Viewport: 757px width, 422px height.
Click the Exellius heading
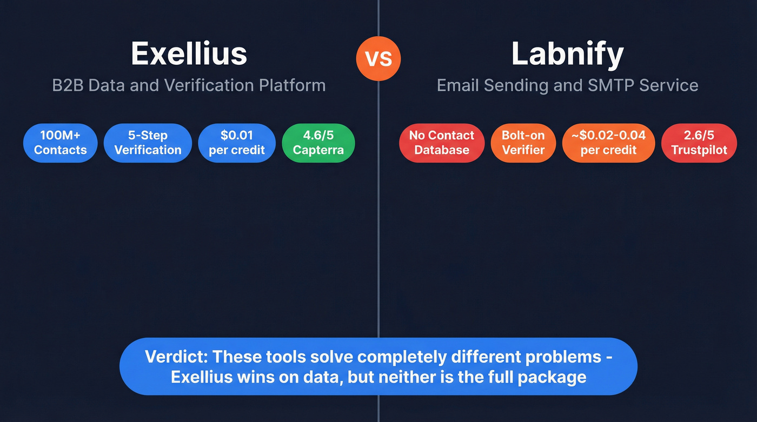(189, 53)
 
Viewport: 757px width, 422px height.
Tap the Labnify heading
(567, 53)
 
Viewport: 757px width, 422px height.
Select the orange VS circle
(378, 58)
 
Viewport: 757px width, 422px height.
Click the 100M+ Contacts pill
(60, 143)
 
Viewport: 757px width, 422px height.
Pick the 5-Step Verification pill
(148, 143)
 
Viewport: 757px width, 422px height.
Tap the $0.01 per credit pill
(237, 143)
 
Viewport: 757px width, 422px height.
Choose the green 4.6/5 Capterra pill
(318, 143)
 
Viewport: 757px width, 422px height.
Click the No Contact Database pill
(441, 143)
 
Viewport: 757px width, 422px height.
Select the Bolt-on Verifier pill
(523, 143)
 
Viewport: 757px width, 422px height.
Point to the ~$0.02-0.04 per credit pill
(608, 143)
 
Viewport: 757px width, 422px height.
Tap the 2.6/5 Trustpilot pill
(699, 143)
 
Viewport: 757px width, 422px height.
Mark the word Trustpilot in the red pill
(699, 150)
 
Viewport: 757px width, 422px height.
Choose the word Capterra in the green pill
(318, 150)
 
